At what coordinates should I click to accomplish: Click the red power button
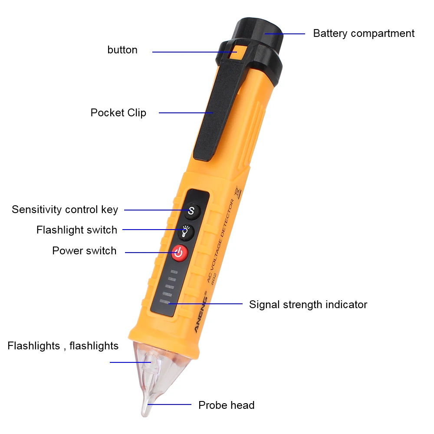(180, 253)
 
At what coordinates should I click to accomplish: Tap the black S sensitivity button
(191, 211)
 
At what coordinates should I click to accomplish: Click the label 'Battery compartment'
(364, 33)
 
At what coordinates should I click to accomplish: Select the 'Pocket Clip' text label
(118, 113)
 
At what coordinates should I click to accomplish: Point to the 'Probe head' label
(227, 405)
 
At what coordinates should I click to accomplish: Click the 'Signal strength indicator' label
(308, 305)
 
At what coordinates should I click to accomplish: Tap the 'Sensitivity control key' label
(65, 210)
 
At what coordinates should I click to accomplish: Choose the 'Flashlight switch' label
(77, 230)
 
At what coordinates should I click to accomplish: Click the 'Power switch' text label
(84, 251)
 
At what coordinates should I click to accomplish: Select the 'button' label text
(122, 50)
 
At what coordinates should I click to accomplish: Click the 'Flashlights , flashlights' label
(63, 346)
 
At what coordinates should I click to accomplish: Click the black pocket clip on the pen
(219, 111)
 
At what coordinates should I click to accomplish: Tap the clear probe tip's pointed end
(145, 414)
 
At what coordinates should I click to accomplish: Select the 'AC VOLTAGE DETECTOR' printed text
(221, 240)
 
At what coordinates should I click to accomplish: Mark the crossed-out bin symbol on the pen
(237, 192)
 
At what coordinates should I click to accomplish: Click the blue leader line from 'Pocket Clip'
(186, 113)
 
